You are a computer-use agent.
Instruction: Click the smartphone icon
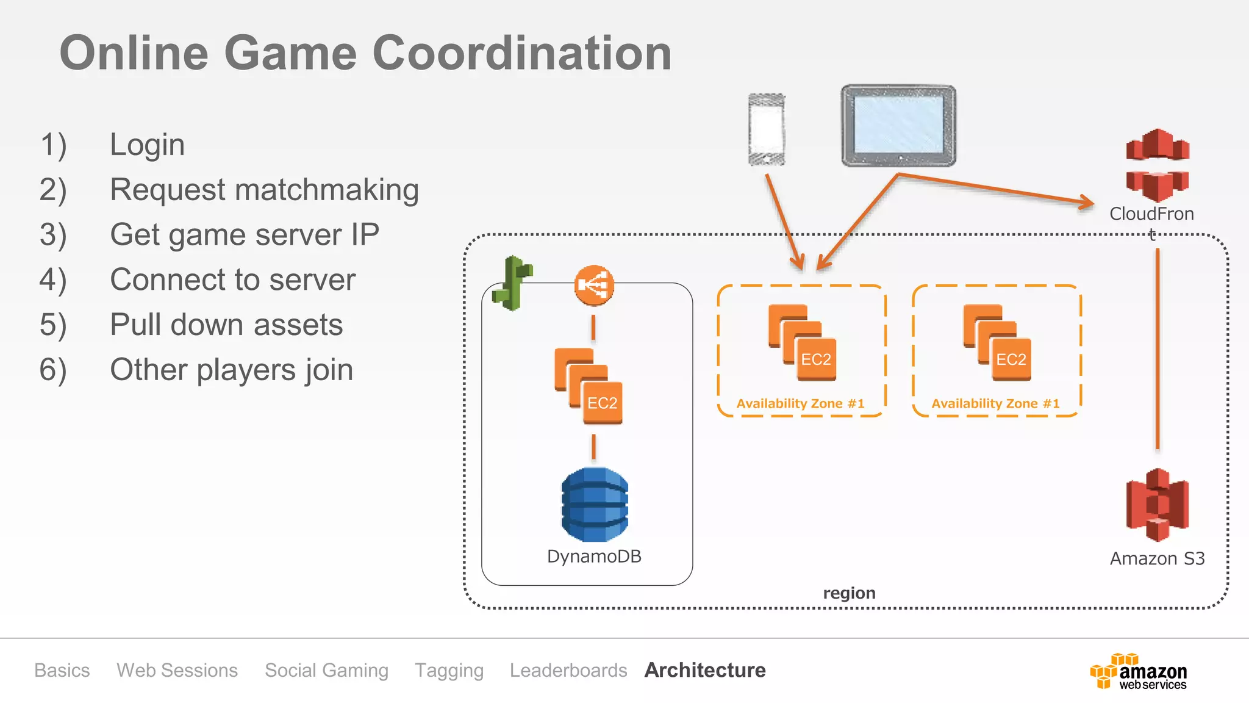click(767, 129)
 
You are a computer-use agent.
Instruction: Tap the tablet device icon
click(898, 126)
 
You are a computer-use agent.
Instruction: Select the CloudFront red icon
click(1157, 165)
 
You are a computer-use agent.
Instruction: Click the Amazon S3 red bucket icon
click(1157, 505)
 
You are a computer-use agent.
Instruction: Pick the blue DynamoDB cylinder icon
click(595, 505)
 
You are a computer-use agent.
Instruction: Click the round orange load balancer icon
click(594, 285)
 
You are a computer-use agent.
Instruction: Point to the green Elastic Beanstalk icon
click(514, 283)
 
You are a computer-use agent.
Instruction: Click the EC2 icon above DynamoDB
click(589, 387)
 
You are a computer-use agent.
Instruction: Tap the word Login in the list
click(147, 145)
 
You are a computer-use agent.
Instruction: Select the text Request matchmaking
click(264, 190)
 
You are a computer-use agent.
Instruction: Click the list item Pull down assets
click(226, 325)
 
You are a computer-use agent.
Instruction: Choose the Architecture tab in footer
click(705, 670)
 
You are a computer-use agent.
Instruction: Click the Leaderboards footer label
click(568, 670)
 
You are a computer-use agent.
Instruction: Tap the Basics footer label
click(62, 670)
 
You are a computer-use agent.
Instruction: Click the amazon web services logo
click(1139, 672)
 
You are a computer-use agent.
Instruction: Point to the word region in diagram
click(849, 593)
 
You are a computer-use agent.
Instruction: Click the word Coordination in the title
click(521, 53)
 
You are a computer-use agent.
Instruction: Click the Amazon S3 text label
click(1157, 558)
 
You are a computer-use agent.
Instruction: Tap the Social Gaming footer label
click(326, 670)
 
